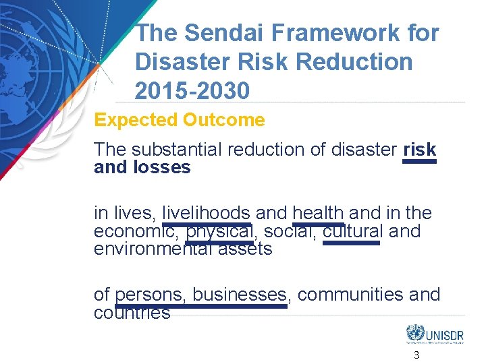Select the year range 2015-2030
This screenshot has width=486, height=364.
(x=192, y=90)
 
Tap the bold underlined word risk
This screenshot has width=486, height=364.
(x=419, y=150)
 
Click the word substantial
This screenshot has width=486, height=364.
(x=174, y=150)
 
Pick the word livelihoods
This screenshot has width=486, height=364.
(x=207, y=214)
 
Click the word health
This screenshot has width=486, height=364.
(x=318, y=214)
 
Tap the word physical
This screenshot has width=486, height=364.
(x=220, y=231)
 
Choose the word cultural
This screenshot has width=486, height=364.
(x=352, y=231)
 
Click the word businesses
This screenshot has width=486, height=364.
(x=240, y=295)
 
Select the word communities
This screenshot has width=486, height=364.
(x=350, y=295)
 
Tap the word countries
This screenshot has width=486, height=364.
(x=132, y=312)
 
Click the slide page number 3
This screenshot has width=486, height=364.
(x=416, y=355)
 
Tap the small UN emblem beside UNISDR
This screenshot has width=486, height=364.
(x=414, y=333)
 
